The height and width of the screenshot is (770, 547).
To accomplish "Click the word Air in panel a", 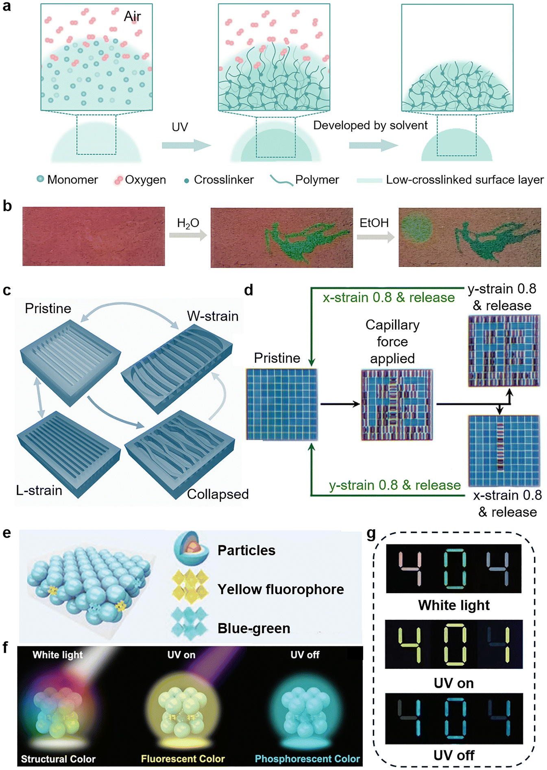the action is coord(132,16).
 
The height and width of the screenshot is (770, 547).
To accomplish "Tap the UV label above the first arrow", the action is coord(180,127).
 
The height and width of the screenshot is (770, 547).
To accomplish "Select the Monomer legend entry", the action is coord(67,179).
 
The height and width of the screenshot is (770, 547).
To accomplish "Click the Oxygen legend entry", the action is coord(140,180).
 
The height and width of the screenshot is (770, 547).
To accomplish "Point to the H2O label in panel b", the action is coord(188,223).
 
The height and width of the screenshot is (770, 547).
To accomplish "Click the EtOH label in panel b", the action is coord(374,223).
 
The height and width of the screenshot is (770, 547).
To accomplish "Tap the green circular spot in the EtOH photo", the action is coord(417,229).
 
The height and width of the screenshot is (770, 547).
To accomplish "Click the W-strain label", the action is coord(213,316).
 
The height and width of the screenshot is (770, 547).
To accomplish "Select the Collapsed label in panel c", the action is coord(218,494).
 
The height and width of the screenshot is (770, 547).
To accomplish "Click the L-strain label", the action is coord(39,491).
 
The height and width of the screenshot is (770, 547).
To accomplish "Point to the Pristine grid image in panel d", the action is coord(281,404).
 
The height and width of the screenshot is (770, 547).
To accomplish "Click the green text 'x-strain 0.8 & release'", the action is coord(389,297).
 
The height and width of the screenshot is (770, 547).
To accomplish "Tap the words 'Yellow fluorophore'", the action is coord(281,589).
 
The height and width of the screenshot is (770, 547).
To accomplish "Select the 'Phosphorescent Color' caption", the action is coord(307,759).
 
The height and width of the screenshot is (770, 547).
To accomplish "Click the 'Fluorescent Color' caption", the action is coord(183,759).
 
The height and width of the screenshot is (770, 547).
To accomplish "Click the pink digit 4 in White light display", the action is coord(410,568).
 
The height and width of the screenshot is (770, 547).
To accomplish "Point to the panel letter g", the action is coord(371,533).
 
